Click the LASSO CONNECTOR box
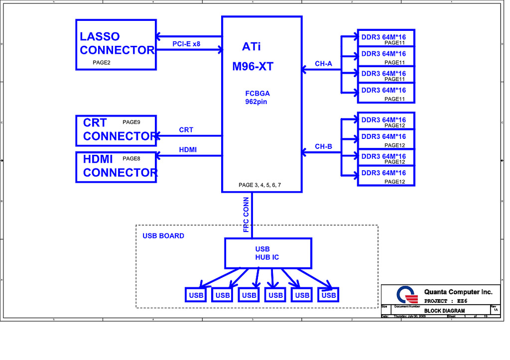point(116,44)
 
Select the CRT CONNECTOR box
point(116,129)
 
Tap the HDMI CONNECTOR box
point(116,166)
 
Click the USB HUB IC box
point(267,253)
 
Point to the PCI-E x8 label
point(186,44)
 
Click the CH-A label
point(323,63)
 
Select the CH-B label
point(323,146)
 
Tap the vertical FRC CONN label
point(246,215)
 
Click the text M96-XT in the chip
point(253,67)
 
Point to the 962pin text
point(256,102)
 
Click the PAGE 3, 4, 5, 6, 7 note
point(259,185)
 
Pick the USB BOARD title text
point(163,236)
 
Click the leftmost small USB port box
point(196,295)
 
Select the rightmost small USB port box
point(329,295)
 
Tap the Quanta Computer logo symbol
point(407,295)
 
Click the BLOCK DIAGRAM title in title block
point(444,311)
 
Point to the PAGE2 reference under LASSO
point(101,63)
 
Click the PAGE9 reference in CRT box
point(131,121)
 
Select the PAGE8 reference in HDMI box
point(131,158)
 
